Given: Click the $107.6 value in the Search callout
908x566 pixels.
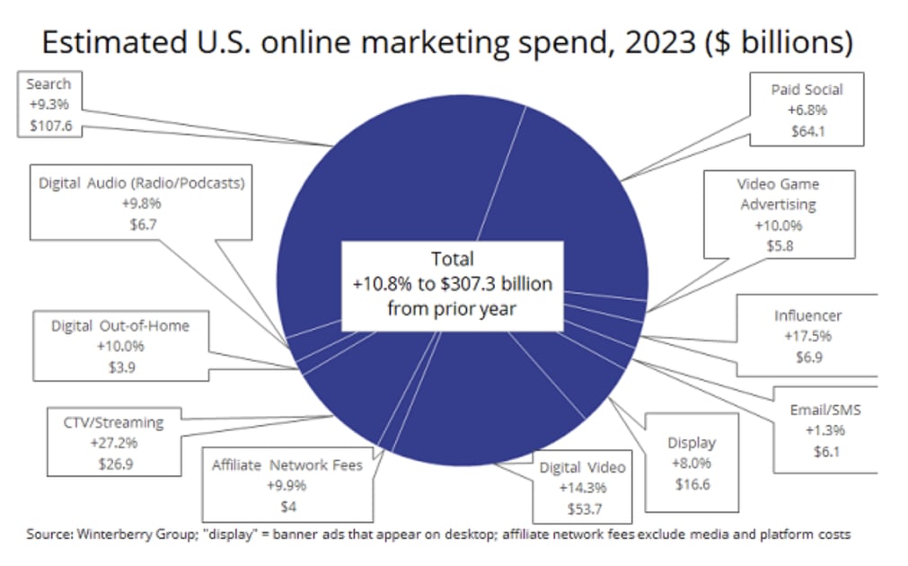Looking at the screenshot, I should point(48,125).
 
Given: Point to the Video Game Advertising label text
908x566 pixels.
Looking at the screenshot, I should point(778,194).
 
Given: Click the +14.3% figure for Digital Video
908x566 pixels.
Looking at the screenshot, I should point(581,487).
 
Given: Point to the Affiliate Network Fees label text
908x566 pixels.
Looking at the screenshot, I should point(287,465).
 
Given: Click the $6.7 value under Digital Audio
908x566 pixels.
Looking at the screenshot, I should point(142,224).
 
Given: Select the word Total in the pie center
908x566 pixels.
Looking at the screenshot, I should point(452,259).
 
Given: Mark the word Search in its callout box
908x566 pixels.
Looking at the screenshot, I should point(48,84).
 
